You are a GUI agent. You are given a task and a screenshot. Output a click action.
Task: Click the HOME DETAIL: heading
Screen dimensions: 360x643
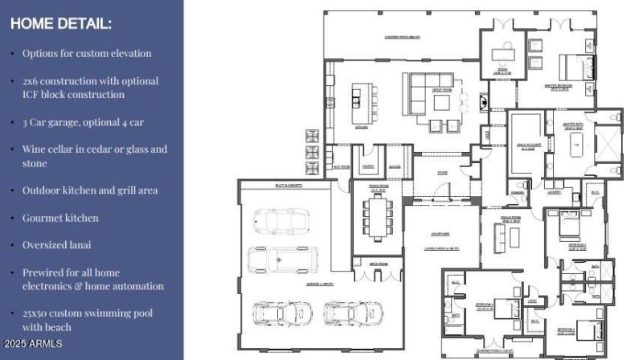[61, 23]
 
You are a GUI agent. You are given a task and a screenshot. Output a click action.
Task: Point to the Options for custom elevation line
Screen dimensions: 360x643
[87, 53]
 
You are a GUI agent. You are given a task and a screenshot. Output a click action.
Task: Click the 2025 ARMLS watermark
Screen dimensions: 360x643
[33, 343]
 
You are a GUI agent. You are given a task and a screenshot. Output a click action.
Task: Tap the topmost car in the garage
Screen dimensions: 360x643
[276, 221]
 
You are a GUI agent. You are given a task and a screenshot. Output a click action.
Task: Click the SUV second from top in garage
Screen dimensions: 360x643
[282, 260]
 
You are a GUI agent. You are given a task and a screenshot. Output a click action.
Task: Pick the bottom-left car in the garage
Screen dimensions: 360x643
[278, 312]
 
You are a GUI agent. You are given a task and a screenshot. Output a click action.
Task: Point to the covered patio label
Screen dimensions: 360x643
[403, 37]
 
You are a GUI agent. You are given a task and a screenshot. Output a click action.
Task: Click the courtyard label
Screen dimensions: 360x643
[441, 235]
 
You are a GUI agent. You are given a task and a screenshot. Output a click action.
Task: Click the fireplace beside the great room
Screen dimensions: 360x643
[483, 103]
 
